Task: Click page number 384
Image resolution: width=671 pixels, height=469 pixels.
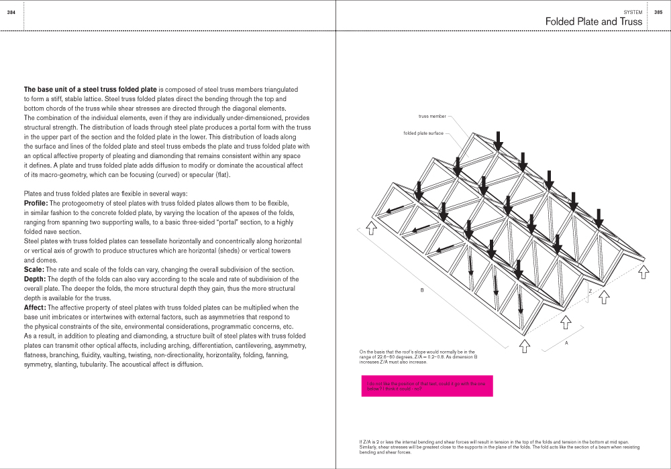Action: pyautogui.click(x=11, y=12)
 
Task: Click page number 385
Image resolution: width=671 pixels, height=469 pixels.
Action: pyautogui.click(x=658, y=12)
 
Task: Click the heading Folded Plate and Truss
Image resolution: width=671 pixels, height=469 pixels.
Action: pyautogui.click(x=593, y=21)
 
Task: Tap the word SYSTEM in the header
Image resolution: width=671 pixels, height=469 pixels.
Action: pyautogui.click(x=633, y=12)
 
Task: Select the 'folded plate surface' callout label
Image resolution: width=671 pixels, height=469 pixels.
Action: pyautogui.click(x=423, y=133)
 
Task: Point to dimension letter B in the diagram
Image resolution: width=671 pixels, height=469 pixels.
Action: pyautogui.click(x=422, y=290)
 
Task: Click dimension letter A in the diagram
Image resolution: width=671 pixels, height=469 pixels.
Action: pyautogui.click(x=567, y=343)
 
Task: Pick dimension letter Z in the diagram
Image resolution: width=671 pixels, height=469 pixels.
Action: pyautogui.click(x=590, y=291)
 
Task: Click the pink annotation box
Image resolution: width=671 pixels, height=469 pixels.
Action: pyautogui.click(x=427, y=386)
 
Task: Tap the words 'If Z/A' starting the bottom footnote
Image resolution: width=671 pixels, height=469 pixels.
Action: pyautogui.click(x=366, y=442)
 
